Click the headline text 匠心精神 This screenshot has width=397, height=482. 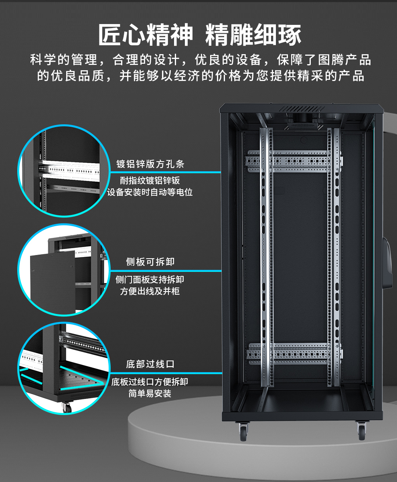[x=146, y=34]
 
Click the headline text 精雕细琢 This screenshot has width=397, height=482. [x=253, y=34]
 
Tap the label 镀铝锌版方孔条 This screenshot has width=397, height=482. [x=150, y=164]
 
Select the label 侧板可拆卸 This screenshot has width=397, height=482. [x=150, y=262]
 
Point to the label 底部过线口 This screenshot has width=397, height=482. [x=150, y=364]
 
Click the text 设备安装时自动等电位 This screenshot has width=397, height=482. [x=150, y=192]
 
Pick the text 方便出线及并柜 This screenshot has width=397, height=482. [x=150, y=291]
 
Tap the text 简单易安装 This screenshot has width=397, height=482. [x=150, y=393]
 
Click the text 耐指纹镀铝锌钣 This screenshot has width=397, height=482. [x=150, y=180]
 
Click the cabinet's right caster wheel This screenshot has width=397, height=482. [x=361, y=431]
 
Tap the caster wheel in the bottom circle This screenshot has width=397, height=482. [x=67, y=407]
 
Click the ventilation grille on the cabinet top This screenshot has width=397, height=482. [x=301, y=109]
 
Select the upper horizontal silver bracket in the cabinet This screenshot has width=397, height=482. [x=294, y=161]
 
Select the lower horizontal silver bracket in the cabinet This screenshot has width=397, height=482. [x=294, y=354]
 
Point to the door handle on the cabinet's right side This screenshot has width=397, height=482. [x=387, y=263]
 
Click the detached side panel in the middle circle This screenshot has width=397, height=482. [x=53, y=283]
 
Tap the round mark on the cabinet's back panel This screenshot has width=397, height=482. [x=304, y=140]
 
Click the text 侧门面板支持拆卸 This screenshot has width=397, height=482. [x=150, y=279]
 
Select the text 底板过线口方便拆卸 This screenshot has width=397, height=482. [x=150, y=382]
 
